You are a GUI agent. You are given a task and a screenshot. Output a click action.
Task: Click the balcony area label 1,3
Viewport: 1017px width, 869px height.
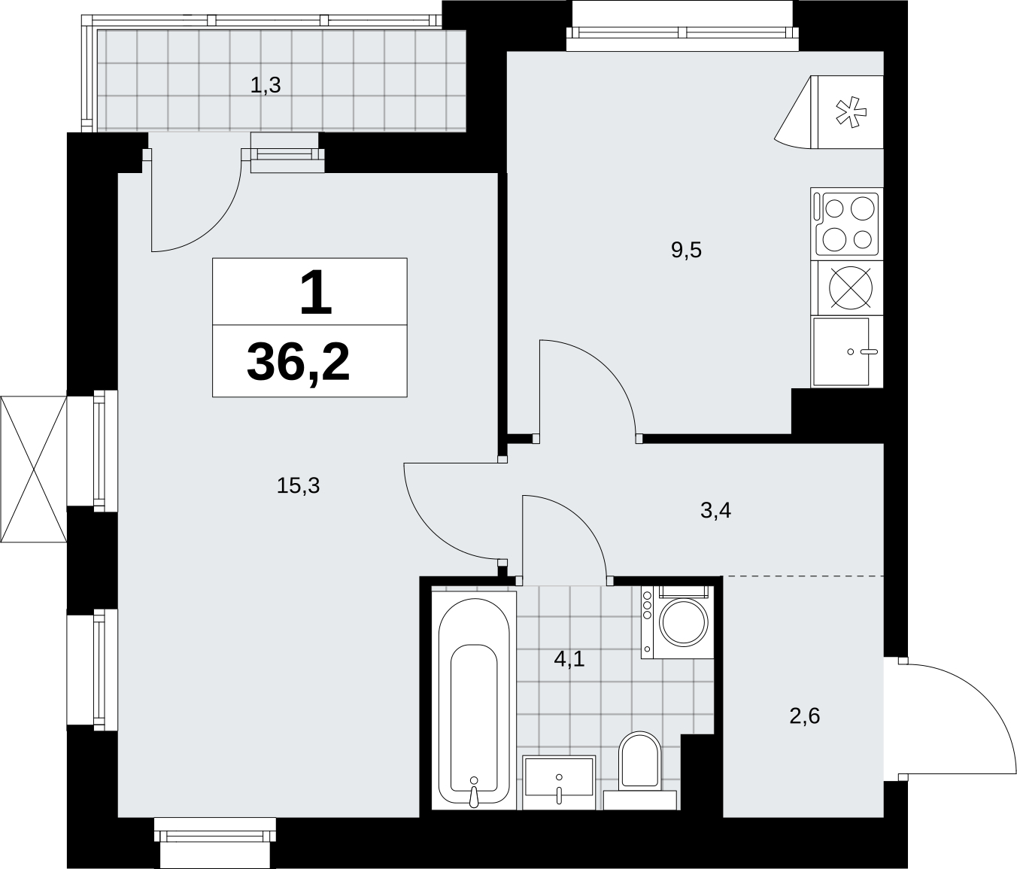(266, 86)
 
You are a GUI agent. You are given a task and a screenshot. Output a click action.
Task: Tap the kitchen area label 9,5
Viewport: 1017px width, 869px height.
(686, 251)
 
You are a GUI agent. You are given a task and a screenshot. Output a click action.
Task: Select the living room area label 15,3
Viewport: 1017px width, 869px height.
(298, 486)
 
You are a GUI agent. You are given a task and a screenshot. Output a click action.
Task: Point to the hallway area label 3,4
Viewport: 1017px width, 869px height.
(716, 511)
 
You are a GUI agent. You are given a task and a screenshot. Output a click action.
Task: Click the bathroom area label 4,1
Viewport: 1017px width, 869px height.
(569, 658)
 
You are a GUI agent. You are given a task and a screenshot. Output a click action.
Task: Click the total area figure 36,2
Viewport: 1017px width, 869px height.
(298, 362)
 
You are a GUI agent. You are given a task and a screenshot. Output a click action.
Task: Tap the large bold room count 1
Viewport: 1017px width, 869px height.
(316, 291)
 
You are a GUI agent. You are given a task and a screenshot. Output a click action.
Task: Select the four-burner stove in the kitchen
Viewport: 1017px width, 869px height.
(847, 224)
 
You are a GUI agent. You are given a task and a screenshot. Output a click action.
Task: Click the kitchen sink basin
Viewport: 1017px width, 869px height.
(841, 351)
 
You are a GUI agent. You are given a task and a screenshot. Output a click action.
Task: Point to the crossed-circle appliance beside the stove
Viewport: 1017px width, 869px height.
(851, 288)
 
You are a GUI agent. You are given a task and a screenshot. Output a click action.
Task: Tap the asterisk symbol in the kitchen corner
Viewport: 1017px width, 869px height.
(852, 113)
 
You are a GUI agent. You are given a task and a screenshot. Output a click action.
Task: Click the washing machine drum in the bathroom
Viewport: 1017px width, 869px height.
(685, 622)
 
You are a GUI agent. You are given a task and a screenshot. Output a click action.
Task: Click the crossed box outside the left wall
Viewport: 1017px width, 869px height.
(33, 469)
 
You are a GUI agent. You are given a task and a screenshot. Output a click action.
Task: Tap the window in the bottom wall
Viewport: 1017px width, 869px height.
(215, 836)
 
